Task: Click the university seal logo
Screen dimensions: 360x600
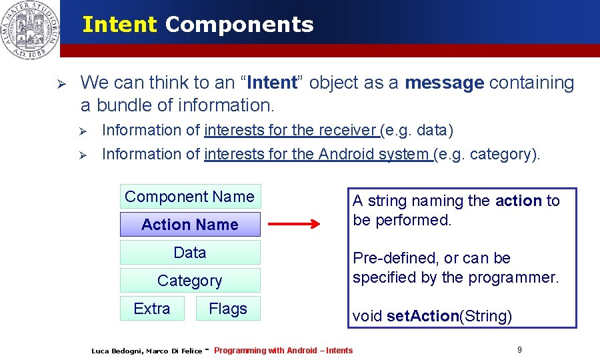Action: point(29,29)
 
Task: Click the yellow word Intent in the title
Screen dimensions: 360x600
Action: point(119,25)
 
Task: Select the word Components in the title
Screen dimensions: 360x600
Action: point(239,25)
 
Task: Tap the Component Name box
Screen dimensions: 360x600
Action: point(190,197)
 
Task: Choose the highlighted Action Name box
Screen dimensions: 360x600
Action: point(190,225)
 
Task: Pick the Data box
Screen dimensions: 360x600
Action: point(190,253)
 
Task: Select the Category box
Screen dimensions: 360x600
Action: point(190,281)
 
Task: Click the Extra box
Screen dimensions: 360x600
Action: point(152,309)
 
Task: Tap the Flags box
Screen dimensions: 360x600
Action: point(228,309)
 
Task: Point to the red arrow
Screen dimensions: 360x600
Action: point(294,225)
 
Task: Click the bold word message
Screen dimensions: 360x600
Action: point(444,83)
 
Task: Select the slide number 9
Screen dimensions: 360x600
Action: point(519,349)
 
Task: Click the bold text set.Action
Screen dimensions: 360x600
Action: point(423,316)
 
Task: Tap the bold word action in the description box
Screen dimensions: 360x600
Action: point(519,201)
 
